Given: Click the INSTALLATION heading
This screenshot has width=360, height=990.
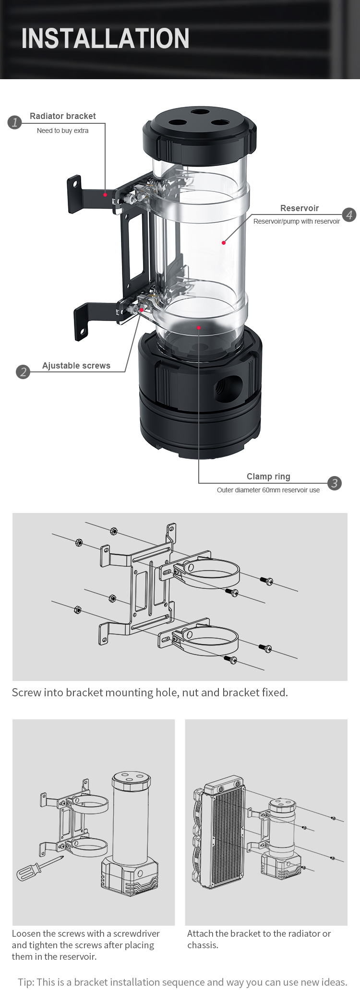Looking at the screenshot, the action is [106, 39].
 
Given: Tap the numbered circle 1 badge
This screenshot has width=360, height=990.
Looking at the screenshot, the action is [15, 122].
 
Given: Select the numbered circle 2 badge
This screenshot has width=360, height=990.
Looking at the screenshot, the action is [23, 372].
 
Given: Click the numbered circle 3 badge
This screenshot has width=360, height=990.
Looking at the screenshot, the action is [334, 483].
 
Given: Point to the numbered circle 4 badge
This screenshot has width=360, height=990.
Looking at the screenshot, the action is [349, 215].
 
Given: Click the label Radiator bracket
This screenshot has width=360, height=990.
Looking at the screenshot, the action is [63, 116].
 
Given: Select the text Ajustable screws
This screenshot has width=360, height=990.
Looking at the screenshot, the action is [76, 366].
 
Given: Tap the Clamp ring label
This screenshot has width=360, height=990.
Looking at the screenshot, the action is [268, 477].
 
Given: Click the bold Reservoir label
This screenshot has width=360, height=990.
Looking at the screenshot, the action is [300, 208].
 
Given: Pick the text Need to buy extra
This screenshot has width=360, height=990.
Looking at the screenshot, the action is [63, 131].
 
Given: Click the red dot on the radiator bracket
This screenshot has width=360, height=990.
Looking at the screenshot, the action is [105, 195].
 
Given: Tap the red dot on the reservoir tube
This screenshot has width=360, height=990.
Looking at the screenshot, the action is [224, 243].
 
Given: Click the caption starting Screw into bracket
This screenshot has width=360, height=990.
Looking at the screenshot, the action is [150, 692].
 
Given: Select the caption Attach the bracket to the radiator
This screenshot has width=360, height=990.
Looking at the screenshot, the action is [259, 939].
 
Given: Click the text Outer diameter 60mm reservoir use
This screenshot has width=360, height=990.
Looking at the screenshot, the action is [268, 490].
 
